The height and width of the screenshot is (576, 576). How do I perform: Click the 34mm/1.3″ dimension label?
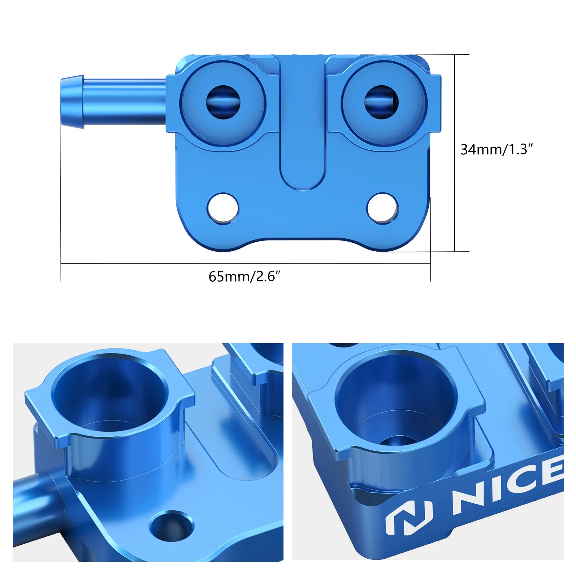(496, 149)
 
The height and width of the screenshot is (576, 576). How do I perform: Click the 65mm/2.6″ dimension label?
(244, 276)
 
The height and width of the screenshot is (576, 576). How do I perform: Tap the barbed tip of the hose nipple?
(72, 102)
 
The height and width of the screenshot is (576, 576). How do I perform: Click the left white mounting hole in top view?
(223, 208)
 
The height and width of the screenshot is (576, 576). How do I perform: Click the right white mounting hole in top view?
(382, 208)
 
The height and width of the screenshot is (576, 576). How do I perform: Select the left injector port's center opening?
(223, 102)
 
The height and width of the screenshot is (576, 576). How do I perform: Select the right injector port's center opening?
(381, 102)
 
